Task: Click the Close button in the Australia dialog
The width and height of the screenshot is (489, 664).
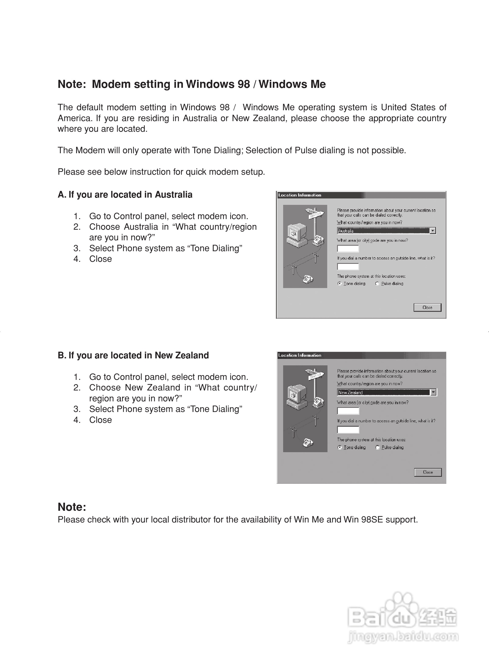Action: [x=427, y=307]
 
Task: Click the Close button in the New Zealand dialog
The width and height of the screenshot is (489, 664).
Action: [x=428, y=472]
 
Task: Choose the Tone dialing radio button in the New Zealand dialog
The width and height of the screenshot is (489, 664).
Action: [x=340, y=447]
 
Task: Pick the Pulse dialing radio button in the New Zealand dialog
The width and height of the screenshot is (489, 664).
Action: [x=377, y=447]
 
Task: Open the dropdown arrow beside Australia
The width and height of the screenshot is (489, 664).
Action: [x=433, y=231]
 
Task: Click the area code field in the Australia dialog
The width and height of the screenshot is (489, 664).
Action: [x=348, y=249]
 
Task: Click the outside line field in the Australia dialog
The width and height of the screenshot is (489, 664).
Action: [x=348, y=267]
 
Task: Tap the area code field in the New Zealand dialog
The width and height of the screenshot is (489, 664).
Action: [x=348, y=411]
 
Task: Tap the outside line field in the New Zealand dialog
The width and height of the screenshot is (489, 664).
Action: [x=348, y=430]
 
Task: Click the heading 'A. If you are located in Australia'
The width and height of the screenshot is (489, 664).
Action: [x=125, y=195]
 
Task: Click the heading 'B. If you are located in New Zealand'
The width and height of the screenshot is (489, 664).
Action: [x=133, y=355]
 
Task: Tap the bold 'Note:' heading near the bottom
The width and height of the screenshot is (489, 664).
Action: [x=72, y=507]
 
